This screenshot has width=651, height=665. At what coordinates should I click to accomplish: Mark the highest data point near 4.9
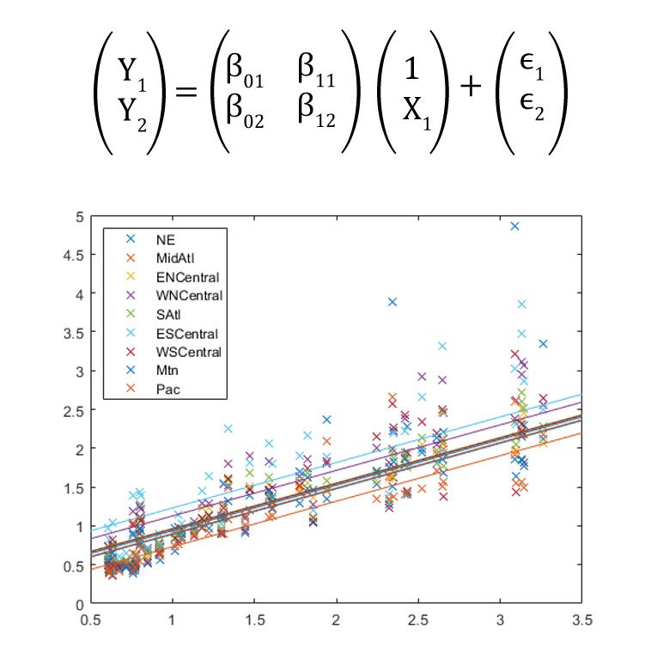click(515, 227)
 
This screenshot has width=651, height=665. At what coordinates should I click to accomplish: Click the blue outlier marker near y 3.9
click(392, 302)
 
